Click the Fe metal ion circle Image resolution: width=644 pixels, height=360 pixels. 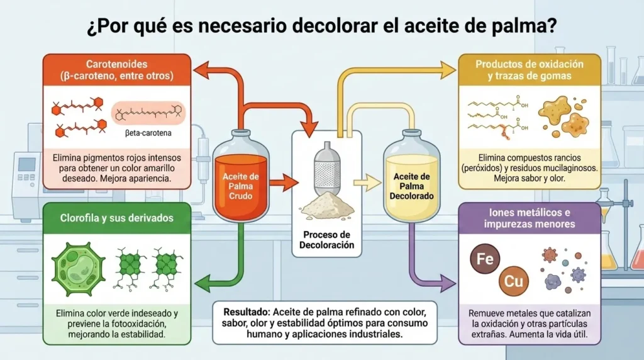485,259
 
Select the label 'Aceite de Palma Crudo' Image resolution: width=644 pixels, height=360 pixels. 240,186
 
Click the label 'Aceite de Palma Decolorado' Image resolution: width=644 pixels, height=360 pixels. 411,186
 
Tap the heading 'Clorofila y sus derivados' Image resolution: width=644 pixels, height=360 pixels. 116,218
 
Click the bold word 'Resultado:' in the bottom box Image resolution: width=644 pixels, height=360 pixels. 243,312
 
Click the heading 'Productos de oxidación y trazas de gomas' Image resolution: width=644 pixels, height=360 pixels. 529,70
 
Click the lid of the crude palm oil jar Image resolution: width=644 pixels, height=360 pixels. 241,135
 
